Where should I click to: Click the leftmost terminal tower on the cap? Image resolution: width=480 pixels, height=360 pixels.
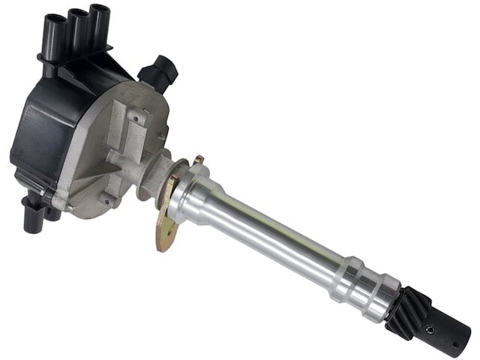(x=55, y=30)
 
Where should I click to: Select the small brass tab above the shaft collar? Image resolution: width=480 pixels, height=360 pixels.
(x=198, y=160)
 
